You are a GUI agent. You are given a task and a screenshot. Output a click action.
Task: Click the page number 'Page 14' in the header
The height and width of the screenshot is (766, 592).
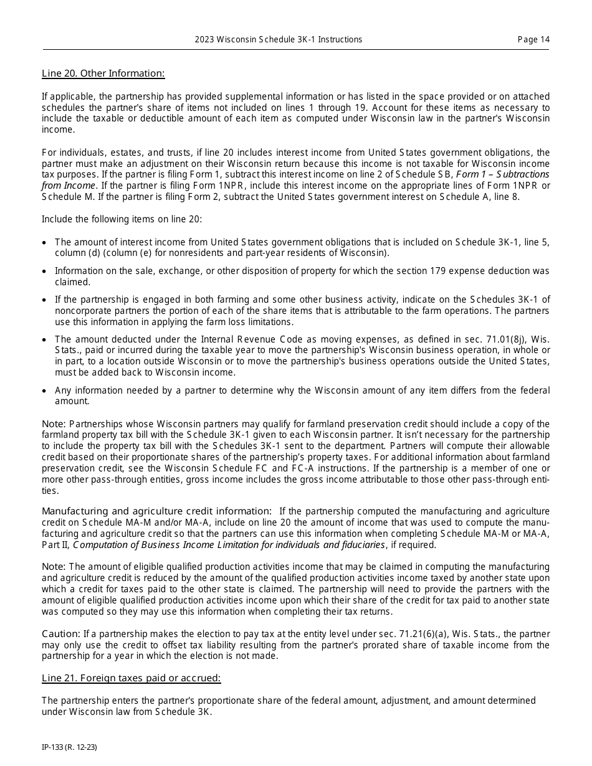533,39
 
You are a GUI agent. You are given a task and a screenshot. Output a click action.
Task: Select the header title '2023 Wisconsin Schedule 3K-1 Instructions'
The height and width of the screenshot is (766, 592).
278,39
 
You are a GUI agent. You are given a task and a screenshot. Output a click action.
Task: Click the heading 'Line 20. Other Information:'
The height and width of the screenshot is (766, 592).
103,73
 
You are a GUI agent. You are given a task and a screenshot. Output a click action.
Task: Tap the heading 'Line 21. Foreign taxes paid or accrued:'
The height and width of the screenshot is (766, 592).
131,678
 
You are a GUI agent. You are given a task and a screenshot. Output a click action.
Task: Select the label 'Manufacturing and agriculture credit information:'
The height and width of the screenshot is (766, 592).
156,511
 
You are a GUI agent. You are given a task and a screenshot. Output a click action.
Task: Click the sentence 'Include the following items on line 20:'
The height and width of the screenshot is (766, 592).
122,219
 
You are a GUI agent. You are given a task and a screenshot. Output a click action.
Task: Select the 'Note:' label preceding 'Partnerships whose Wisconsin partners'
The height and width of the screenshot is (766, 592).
54,423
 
